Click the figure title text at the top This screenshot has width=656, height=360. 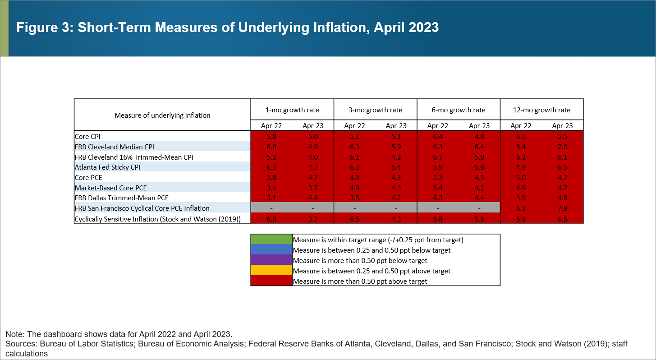coord(227,28)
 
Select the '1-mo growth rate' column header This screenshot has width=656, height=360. coord(292,110)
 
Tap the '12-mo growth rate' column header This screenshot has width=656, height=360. coord(541,110)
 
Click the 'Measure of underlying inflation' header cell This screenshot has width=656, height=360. coord(162,115)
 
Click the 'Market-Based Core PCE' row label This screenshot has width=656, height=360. coord(110,188)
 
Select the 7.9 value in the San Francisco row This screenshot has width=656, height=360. coord(562,208)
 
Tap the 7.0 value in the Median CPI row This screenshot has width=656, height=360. coord(562,147)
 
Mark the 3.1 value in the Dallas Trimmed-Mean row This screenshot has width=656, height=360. coord(271,198)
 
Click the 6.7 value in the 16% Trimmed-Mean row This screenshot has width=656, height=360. coord(437,157)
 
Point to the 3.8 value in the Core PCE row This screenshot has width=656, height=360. coord(271,177)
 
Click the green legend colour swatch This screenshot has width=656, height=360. coord(271,240)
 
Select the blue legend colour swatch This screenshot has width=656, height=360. coord(271,250)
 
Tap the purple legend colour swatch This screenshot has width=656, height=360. coord(271,260)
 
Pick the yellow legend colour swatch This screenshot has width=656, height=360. coord(271,271)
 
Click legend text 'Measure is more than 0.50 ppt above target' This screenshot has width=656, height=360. coord(360,281)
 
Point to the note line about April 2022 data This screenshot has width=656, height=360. coord(118,334)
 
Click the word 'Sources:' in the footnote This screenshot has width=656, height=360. coord(21,344)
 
